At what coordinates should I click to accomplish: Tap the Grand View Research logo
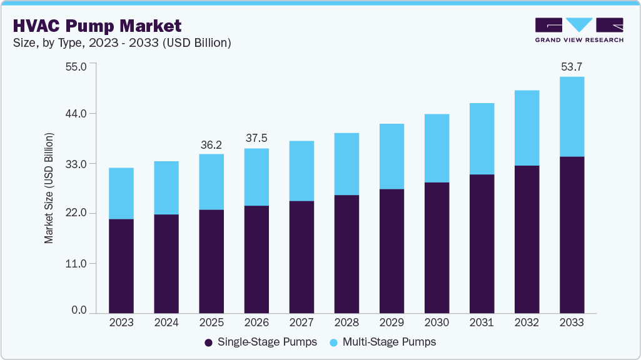click(579, 30)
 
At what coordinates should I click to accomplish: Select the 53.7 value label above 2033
click(572, 66)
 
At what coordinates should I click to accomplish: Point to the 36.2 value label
click(211, 144)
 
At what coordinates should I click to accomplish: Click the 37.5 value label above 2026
click(256, 138)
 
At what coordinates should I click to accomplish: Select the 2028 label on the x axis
click(346, 322)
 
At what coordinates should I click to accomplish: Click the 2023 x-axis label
click(121, 322)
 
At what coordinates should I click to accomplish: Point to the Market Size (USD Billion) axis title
click(49, 188)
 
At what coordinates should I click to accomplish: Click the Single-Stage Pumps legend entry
click(261, 342)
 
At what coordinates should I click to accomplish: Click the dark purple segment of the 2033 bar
click(572, 234)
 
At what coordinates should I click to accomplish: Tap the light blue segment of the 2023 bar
click(121, 193)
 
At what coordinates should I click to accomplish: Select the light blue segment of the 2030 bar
click(437, 148)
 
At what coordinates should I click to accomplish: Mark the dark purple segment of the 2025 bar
click(211, 261)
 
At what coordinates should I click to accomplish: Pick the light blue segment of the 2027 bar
click(301, 171)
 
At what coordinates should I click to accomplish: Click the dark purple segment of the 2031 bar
click(482, 244)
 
